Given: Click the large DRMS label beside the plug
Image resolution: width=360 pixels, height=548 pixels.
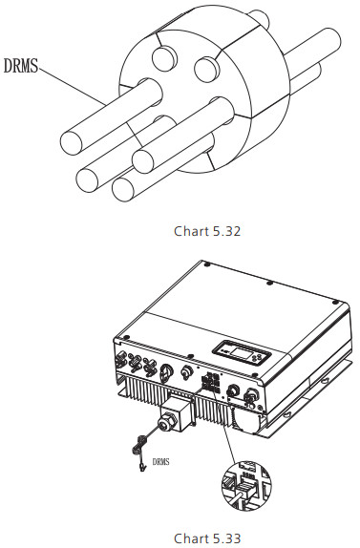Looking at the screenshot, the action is [x=21, y=66].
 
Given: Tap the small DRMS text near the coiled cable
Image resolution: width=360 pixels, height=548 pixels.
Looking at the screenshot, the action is [x=161, y=462].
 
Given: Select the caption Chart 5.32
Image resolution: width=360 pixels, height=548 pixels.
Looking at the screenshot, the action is [x=207, y=231].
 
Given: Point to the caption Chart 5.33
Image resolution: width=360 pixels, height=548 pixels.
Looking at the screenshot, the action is [x=207, y=538].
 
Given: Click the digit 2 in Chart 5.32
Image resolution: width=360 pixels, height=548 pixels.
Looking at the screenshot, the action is [x=237, y=231].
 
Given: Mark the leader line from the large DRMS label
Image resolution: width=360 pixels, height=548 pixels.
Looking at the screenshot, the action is [x=73, y=86].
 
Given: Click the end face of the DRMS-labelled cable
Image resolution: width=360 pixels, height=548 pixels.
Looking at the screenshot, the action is [x=72, y=142].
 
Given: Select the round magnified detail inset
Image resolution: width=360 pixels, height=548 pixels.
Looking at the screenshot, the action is [x=246, y=485].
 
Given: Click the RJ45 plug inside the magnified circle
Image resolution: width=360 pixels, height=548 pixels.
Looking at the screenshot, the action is [x=245, y=488].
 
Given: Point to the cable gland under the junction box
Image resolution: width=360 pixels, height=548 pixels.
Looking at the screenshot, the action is [x=164, y=424].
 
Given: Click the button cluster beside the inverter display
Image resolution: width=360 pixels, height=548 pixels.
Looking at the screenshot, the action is [x=260, y=357].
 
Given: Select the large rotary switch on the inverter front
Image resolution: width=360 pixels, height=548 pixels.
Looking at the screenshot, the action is [x=165, y=373].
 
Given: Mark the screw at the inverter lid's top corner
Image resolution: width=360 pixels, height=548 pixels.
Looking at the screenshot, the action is [x=207, y=264].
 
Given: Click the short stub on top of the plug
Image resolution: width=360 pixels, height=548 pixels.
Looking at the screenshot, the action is [x=260, y=18].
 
